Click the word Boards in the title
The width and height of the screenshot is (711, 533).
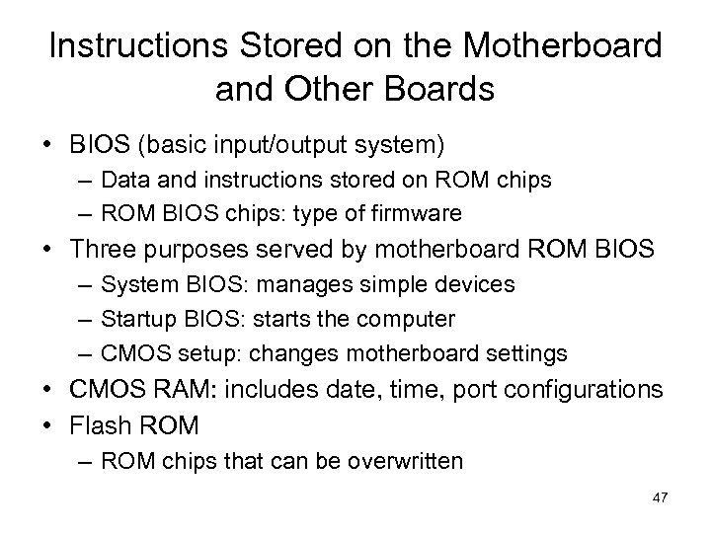437,89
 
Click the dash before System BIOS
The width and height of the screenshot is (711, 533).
81,285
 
